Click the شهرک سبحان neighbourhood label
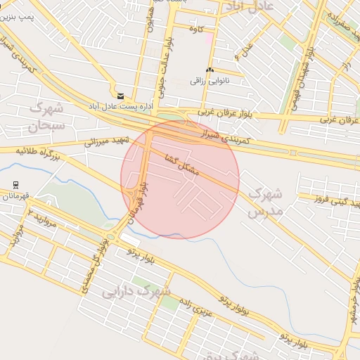[x=47, y=117]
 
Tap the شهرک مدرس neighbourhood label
[x=266, y=201]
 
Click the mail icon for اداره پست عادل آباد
[x=120, y=96]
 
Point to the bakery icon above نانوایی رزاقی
[x=210, y=70]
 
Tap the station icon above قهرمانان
[x=15, y=185]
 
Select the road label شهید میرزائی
[x=106, y=141]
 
